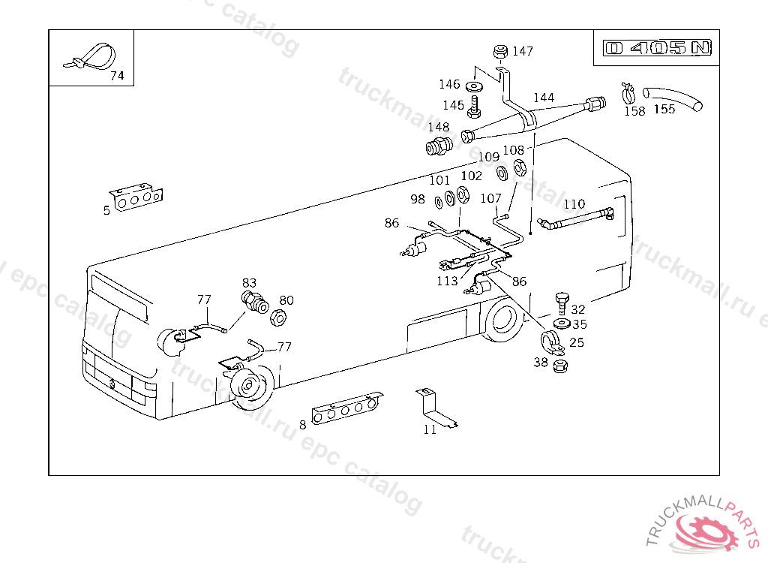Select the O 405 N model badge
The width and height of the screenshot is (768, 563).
(x=658, y=48)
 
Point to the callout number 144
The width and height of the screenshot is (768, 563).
(x=544, y=98)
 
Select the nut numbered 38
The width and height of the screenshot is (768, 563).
(x=559, y=367)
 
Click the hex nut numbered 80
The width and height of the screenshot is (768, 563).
(x=276, y=318)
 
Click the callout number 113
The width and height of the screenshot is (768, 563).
(x=447, y=281)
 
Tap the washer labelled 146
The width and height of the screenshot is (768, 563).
(x=474, y=86)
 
